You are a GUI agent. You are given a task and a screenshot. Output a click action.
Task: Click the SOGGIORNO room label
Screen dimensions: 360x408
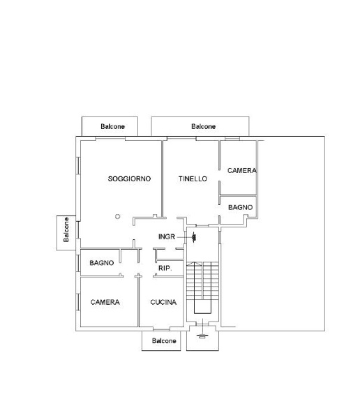pos(129,179)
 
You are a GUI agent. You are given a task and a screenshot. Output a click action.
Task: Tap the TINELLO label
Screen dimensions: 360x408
pos(193,179)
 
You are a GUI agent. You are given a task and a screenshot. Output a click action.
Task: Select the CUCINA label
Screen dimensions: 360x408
pos(163,302)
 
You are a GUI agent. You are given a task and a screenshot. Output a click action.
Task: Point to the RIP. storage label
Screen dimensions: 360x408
pos(165,268)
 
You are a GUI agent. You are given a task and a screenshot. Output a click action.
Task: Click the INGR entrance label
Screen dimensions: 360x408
pos(167,237)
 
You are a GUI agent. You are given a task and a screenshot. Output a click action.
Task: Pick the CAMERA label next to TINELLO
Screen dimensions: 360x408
pos(242,170)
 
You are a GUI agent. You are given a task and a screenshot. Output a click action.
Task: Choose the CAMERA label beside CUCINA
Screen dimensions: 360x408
pos(105,302)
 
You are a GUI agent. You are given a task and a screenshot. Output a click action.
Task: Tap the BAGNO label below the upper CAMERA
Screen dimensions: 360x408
pos(240,207)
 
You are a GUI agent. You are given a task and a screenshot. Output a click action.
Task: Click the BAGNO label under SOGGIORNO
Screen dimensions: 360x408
pos(102,263)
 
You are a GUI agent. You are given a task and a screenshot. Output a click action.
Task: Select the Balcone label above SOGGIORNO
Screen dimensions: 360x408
pos(113,126)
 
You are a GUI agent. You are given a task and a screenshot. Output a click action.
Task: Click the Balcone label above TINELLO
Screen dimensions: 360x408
pos(203,126)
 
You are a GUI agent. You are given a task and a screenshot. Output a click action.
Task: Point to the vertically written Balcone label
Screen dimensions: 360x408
pos(66,229)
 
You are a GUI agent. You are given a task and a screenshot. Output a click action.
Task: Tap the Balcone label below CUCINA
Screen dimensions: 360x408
pos(164,340)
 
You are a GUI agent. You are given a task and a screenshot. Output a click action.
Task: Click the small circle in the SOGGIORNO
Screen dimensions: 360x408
pos(118,216)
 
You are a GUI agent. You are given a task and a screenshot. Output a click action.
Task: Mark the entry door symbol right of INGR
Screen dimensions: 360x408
pos(194,237)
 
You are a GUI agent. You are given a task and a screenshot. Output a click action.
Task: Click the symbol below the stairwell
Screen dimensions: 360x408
pos(202,335)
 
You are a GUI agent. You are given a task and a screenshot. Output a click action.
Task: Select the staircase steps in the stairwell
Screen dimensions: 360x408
pos(202,280)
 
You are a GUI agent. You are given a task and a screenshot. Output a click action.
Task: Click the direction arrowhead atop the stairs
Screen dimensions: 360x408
pos(195,264)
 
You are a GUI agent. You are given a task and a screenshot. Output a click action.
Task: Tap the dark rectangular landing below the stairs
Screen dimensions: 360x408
pos(202,306)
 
